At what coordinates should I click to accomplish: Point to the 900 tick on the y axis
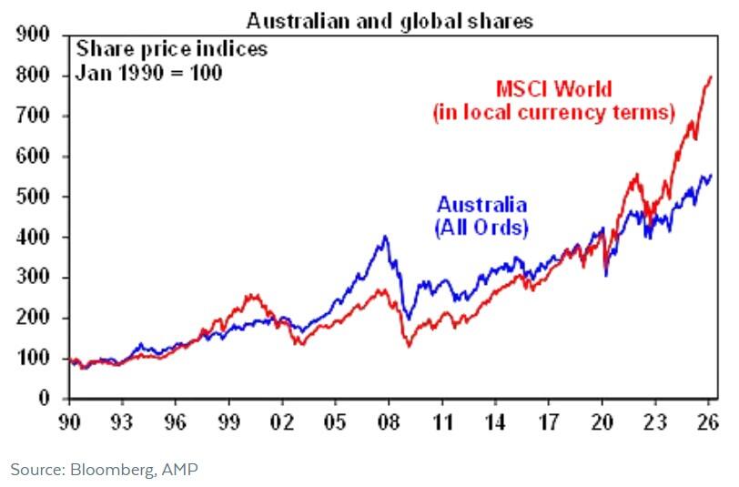coord(34,36)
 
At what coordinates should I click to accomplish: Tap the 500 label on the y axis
coord(34,198)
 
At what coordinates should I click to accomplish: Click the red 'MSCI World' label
coord(553,90)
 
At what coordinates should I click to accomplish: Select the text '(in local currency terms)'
coord(553,113)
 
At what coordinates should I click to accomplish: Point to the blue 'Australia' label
coord(481,205)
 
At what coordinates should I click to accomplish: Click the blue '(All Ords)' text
coord(481,227)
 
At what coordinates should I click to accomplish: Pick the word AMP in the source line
coord(182,470)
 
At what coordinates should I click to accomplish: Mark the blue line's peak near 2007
coord(385,237)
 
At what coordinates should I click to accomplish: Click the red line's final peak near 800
coord(711,76)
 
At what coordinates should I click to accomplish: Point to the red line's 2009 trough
coord(409,347)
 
